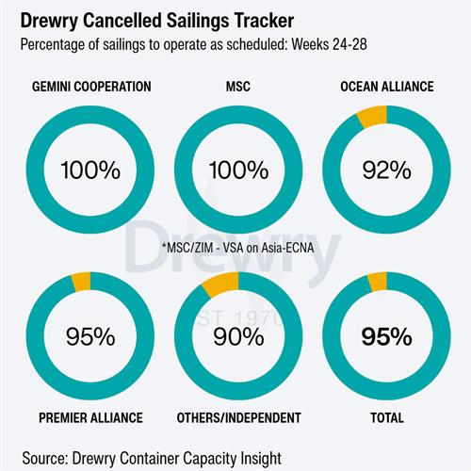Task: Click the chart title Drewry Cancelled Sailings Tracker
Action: pos(157,21)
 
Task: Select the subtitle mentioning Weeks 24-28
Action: pos(194,44)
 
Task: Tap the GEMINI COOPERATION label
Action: pos(91,87)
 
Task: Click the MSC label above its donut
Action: pos(238,87)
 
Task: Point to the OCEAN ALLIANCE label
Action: pos(387,87)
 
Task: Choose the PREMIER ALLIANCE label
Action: pos(90,418)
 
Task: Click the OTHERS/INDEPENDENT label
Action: pos(239,418)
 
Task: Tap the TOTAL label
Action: pos(387,418)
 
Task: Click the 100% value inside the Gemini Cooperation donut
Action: pos(90,171)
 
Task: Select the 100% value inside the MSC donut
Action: pos(238,171)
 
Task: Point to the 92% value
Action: pos(387,171)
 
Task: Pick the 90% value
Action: pos(238,337)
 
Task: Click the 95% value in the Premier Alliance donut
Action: pos(90,337)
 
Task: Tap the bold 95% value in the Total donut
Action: pos(387,337)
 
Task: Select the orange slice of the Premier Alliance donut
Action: pos(81,282)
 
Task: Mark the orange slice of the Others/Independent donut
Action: pos(221,284)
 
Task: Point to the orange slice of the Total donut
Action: pos(378,282)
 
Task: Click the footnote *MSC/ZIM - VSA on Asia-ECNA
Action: pos(237,248)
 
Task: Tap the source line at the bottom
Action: pos(152,459)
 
